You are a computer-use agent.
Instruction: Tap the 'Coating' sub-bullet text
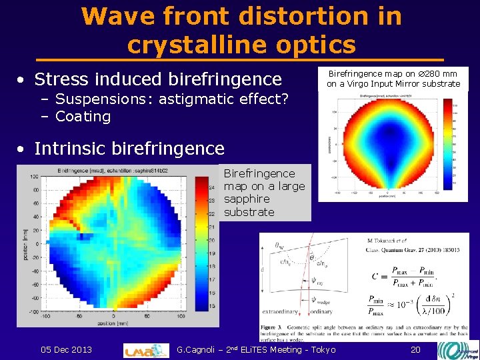83,117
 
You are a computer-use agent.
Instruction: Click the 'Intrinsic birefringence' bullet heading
129,148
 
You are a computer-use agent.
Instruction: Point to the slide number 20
416,350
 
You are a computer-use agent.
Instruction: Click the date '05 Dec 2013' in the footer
66,350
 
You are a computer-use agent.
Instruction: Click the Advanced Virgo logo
458,350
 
